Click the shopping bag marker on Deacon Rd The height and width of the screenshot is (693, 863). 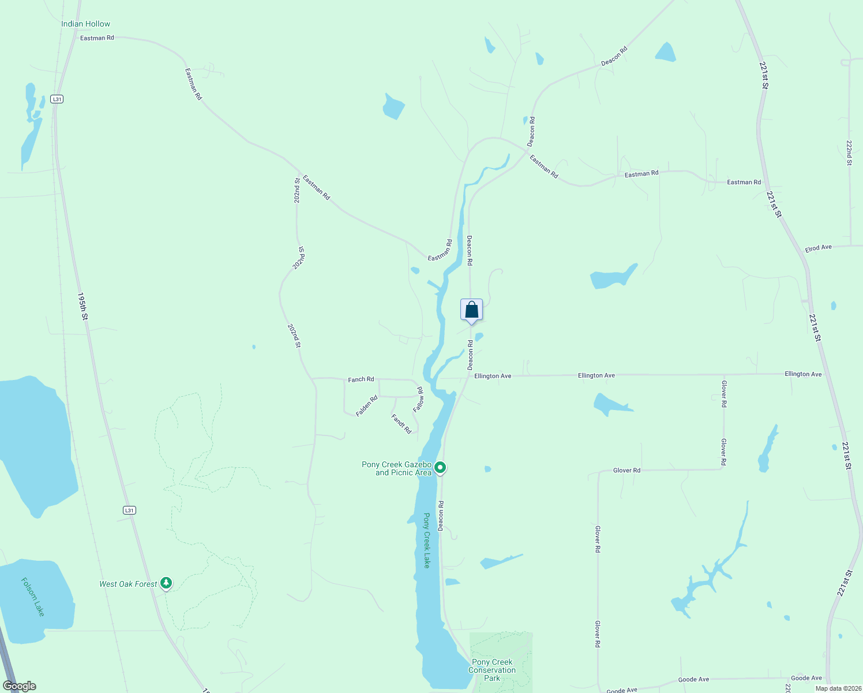[471, 310]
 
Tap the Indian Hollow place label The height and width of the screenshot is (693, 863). [85, 24]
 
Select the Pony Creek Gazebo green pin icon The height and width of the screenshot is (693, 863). [440, 467]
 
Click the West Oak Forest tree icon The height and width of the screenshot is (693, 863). [166, 583]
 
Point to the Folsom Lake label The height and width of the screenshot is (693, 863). [33, 597]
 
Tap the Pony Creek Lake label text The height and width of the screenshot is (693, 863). [427, 541]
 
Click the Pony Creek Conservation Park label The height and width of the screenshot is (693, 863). [492, 670]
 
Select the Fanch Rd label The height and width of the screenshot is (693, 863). [361, 379]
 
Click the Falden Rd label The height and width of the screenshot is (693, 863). [367, 405]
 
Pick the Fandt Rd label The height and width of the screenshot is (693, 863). [402, 423]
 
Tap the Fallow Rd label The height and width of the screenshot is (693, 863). [419, 399]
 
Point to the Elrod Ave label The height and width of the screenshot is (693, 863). [818, 248]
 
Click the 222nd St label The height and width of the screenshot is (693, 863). [849, 153]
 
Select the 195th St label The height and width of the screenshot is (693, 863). [83, 306]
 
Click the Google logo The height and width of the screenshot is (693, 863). [20, 686]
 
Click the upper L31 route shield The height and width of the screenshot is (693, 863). [57, 99]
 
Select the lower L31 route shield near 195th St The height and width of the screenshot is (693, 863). [129, 510]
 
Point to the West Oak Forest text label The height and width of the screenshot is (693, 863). [128, 584]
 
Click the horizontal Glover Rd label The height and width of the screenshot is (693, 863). [626, 470]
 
